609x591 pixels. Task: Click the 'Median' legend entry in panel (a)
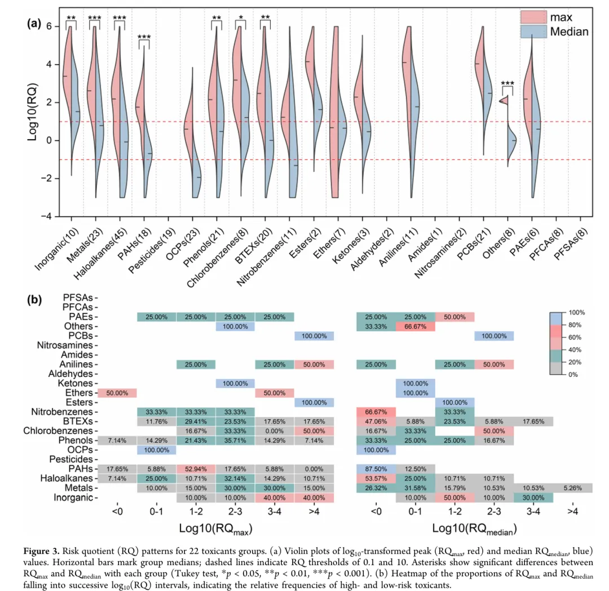569,32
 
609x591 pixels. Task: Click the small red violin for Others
504,101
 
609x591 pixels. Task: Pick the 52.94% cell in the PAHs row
196,469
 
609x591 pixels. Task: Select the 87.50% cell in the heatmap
376,469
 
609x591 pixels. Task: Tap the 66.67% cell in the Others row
415,326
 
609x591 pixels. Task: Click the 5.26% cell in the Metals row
572,488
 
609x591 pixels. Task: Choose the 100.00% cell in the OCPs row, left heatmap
156,450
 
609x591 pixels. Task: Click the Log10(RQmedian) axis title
474,528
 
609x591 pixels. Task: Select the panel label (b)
36,300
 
